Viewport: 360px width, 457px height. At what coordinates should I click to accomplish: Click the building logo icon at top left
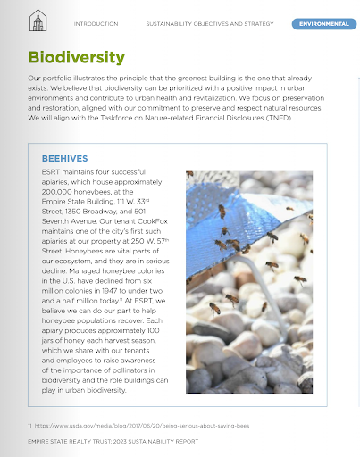pyautogui.click(x=38, y=21)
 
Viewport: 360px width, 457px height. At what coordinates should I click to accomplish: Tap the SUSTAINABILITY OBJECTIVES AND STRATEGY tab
pyautogui.click(x=210, y=23)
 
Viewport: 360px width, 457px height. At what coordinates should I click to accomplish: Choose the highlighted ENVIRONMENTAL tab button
pyautogui.click(x=323, y=23)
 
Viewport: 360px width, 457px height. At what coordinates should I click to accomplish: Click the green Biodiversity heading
pyautogui.click(x=76, y=58)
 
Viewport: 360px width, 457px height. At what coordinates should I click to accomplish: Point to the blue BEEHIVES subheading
pyautogui.click(x=63, y=157)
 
